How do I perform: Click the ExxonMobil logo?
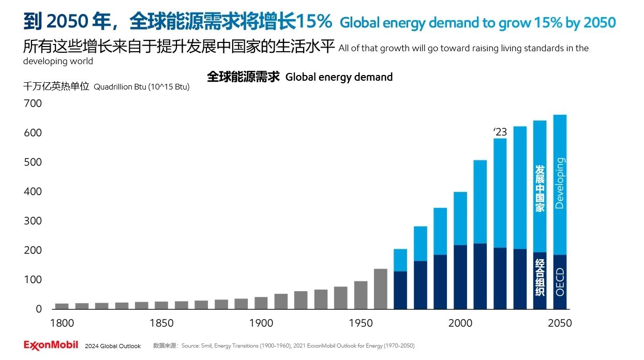pyautogui.click(x=51, y=345)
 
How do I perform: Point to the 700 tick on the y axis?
pyautogui.click(x=33, y=103)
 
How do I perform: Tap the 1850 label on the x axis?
pyautogui.click(x=161, y=323)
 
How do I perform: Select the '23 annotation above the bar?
pyautogui.click(x=500, y=132)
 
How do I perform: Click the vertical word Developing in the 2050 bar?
pyautogui.click(x=559, y=183)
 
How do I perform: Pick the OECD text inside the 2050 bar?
pyautogui.click(x=559, y=282)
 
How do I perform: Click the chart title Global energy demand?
pyautogui.click(x=339, y=77)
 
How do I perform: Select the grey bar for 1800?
pyautogui.click(x=62, y=306)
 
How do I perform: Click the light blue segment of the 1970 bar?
pyautogui.click(x=400, y=260)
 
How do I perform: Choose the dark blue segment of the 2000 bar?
pyautogui.click(x=460, y=277)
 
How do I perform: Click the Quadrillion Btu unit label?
pyautogui.click(x=141, y=87)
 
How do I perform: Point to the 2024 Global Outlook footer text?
pyautogui.click(x=113, y=346)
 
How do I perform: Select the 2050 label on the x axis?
pyautogui.click(x=559, y=323)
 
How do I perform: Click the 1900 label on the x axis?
pyautogui.click(x=261, y=323)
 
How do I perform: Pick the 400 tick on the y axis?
pyautogui.click(x=33, y=191)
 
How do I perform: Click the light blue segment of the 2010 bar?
pyautogui.click(x=480, y=202)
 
